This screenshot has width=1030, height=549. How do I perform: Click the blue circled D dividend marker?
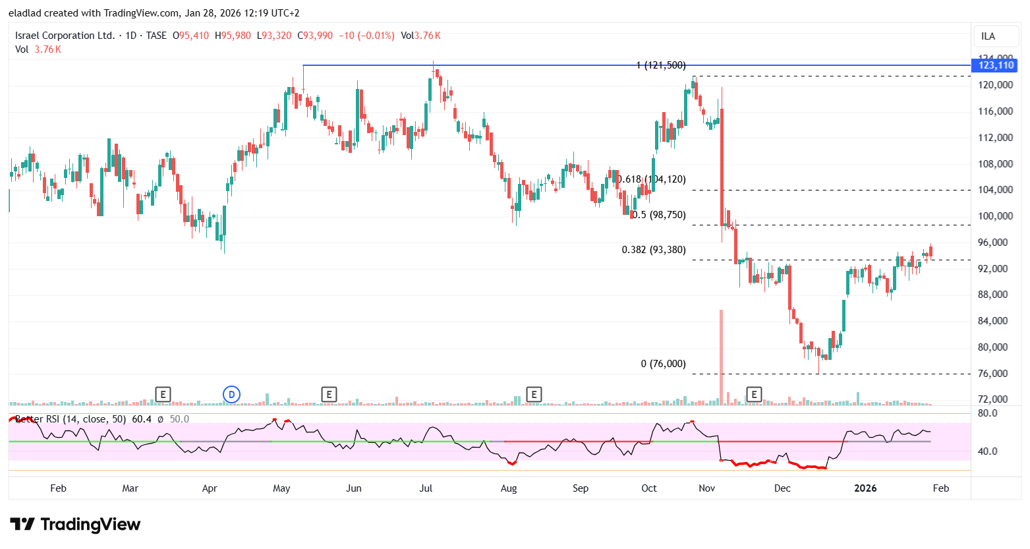(x=231, y=395)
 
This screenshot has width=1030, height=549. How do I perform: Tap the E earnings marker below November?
(x=754, y=395)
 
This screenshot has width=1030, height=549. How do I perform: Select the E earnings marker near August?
(x=534, y=395)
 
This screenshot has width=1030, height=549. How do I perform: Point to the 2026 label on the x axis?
(x=865, y=488)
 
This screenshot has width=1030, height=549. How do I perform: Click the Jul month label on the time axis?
(x=426, y=488)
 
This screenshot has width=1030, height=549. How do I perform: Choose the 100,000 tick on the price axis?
(x=995, y=216)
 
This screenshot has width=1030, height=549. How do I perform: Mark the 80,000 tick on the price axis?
(x=995, y=347)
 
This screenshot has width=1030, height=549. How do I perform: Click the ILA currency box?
(x=988, y=36)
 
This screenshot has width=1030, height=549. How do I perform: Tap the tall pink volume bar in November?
(x=721, y=356)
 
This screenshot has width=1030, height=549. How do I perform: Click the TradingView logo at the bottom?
(x=76, y=525)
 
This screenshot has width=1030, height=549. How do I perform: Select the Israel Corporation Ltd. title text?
(x=65, y=36)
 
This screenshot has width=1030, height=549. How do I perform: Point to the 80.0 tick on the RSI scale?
(x=987, y=413)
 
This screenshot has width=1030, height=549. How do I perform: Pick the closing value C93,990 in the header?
(x=315, y=36)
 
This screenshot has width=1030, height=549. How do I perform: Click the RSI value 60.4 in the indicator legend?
(x=141, y=419)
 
